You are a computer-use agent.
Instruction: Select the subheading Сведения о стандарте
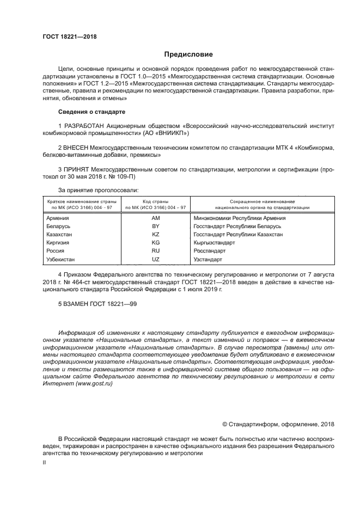click(91, 112)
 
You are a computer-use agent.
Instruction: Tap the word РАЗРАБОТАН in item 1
click(84, 125)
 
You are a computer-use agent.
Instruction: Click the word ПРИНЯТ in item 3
click(77, 170)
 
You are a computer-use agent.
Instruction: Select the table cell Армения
click(58, 218)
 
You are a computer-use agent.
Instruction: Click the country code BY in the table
click(155, 226)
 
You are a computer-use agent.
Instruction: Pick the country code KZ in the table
click(155, 234)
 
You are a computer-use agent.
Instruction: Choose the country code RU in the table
click(155, 251)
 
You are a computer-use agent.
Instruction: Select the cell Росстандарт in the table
click(209, 251)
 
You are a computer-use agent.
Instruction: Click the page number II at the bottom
click(45, 462)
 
